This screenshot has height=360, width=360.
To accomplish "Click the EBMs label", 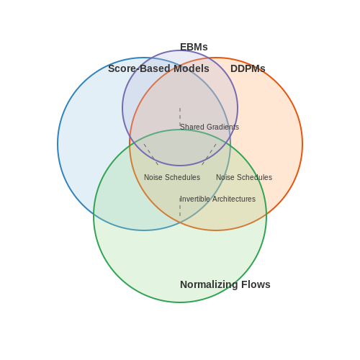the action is [194, 47].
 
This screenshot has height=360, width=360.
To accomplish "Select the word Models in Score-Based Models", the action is [192, 68].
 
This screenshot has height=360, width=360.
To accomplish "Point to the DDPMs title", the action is [248, 68].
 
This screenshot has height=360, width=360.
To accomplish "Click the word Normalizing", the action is [209, 284].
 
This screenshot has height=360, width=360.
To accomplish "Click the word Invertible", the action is [195, 199].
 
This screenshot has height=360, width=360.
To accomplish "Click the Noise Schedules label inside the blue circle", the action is [172, 177].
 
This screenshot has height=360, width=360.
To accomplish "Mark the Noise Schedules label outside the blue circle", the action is [244, 177].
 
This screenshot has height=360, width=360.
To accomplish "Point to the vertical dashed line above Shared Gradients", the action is [180, 117].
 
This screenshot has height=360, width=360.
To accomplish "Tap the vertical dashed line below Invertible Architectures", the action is [180, 207].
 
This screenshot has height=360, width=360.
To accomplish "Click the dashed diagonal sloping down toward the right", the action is [151, 155].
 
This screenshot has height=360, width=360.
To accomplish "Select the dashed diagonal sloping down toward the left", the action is [209, 155].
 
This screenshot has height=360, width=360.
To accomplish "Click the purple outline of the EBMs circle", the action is [122, 108].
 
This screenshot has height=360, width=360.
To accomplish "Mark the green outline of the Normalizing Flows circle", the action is [180, 302].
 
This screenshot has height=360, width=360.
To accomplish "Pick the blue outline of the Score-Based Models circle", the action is [58, 144].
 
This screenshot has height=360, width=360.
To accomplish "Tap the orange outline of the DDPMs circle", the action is [302, 144].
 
